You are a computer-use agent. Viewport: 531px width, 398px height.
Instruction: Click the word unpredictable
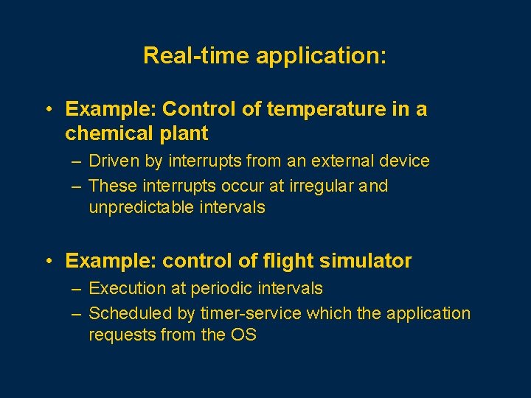[141, 208]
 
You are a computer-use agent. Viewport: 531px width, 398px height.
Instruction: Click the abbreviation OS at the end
[243, 335]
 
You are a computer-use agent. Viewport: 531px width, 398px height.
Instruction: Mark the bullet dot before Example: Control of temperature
[47, 110]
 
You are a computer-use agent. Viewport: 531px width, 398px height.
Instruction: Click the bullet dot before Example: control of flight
[47, 261]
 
